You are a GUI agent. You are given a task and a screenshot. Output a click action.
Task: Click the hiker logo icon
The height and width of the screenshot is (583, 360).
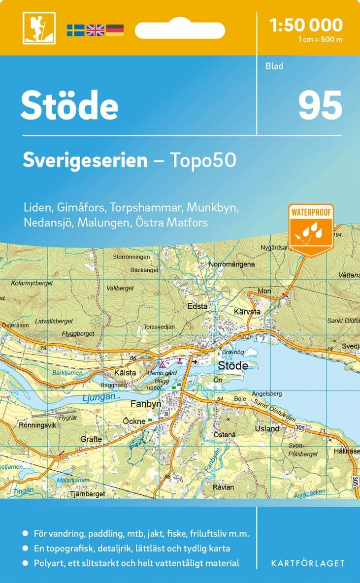(39, 28)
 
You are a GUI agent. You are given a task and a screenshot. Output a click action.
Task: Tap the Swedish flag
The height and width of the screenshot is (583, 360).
(76, 30)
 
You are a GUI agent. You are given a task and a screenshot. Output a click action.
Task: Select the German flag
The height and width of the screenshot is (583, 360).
(115, 30)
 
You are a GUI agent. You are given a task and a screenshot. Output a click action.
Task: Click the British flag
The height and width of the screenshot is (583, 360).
(95, 30)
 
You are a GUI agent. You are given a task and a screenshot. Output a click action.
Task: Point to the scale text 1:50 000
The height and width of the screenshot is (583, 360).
(306, 25)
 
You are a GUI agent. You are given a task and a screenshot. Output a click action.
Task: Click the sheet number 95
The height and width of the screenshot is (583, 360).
(320, 105)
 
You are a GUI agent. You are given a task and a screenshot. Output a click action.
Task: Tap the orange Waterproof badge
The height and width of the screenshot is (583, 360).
(311, 229)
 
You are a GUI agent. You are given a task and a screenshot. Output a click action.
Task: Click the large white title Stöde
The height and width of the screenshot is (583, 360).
(69, 106)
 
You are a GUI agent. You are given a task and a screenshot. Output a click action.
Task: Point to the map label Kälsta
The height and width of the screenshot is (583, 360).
(125, 373)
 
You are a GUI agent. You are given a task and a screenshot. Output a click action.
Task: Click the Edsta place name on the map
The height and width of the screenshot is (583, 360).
(198, 306)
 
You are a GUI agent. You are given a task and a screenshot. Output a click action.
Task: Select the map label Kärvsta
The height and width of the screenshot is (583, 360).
(247, 312)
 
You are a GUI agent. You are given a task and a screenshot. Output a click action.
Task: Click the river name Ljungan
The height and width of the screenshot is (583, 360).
(98, 397)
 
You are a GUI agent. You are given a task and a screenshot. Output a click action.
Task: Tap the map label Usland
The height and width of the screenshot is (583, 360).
(267, 428)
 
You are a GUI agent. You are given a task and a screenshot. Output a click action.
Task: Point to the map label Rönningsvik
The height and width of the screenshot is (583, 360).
(38, 424)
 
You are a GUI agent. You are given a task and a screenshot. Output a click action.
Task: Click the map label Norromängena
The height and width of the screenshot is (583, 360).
(232, 264)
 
